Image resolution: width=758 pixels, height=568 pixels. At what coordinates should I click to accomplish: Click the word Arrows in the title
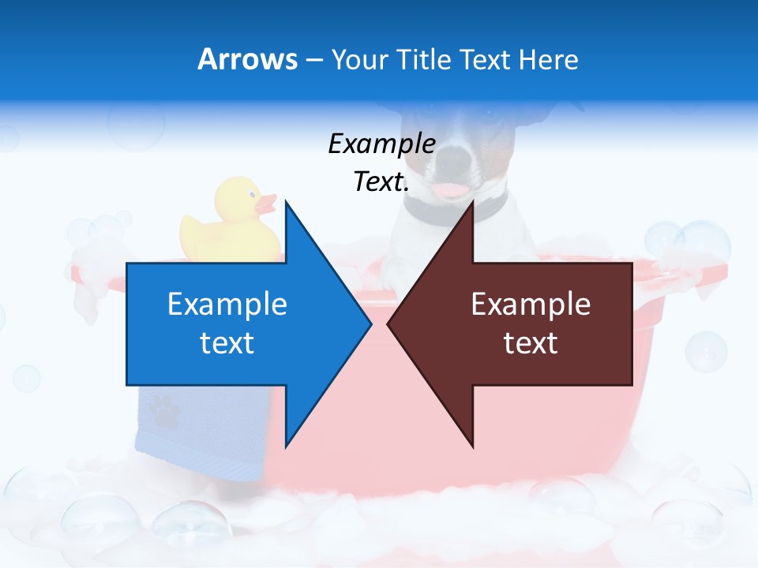point(247,59)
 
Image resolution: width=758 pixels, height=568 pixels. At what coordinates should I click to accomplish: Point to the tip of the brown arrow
point(388,323)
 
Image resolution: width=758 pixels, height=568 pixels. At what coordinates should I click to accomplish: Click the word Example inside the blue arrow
point(227,305)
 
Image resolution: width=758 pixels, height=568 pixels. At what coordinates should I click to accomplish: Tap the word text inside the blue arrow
point(227,343)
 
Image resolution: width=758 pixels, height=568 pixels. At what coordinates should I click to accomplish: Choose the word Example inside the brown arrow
point(531,305)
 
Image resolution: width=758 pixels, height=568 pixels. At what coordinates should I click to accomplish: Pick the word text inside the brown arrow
point(531,343)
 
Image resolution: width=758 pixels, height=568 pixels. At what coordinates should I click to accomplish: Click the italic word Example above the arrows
point(381,144)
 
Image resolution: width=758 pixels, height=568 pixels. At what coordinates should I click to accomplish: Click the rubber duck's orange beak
point(265,205)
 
